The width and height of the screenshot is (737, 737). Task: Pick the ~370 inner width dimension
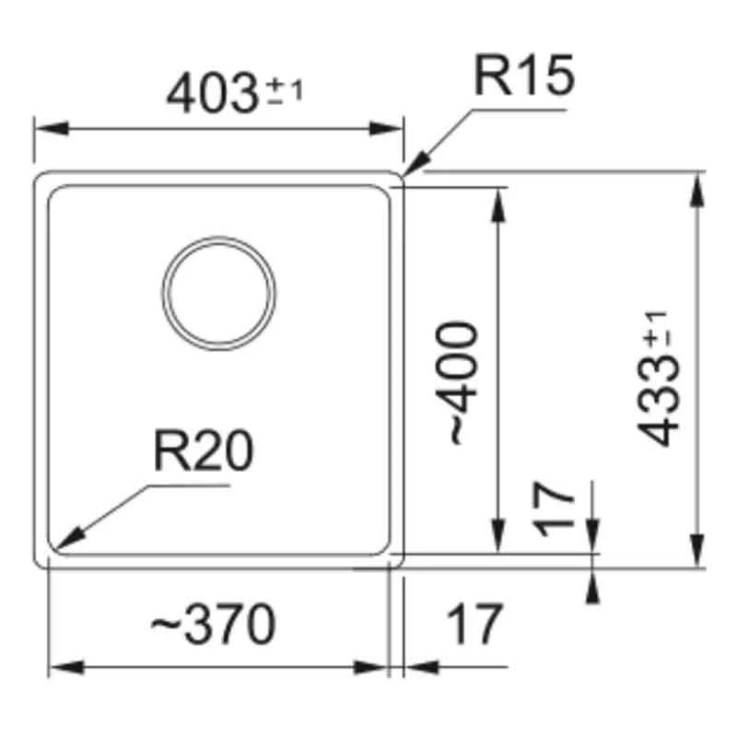point(213,626)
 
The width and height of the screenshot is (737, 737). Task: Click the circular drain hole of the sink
point(219,294)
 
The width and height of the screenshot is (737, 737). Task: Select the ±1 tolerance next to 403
point(286,90)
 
